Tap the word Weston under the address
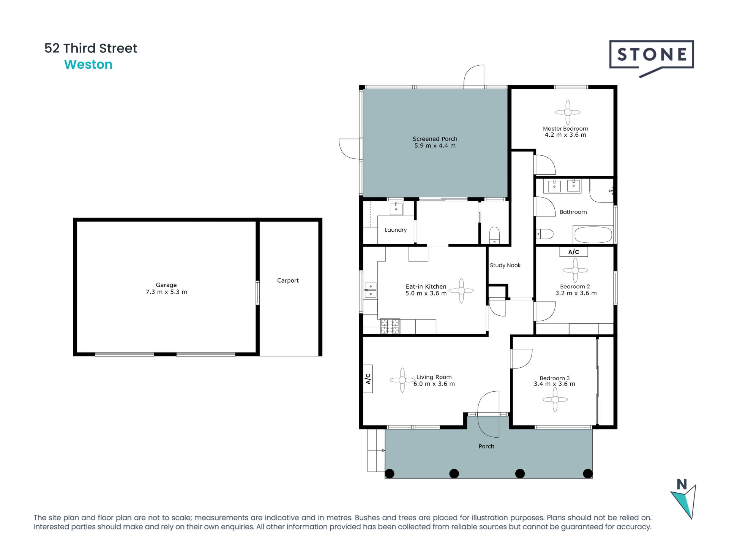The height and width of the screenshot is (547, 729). tap(88, 65)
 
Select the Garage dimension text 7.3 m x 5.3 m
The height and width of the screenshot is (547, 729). tap(166, 292)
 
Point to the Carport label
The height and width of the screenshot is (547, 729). tap(288, 280)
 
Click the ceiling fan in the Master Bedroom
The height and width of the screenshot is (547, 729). tap(568, 112)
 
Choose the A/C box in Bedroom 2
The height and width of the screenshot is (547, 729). tap(573, 252)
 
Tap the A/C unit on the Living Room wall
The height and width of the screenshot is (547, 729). tap(368, 378)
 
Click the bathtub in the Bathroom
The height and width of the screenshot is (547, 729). tap(593, 234)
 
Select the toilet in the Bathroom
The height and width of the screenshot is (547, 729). tap(544, 234)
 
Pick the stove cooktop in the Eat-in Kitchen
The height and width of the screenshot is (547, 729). tap(390, 326)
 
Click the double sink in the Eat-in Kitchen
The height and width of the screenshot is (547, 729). tap(370, 290)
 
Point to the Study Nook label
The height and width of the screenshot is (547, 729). tap(505, 265)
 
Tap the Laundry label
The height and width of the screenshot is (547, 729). tap(396, 230)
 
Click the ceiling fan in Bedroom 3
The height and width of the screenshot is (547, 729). tap(555, 399)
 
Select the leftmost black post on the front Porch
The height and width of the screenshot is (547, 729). tap(390, 473)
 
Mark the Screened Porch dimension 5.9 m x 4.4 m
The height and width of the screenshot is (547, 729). tap(435, 145)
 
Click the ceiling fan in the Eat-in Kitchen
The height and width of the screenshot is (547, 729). tap(461, 291)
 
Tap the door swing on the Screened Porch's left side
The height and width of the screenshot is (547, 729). tap(350, 148)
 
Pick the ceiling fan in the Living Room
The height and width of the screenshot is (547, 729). tap(402, 379)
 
